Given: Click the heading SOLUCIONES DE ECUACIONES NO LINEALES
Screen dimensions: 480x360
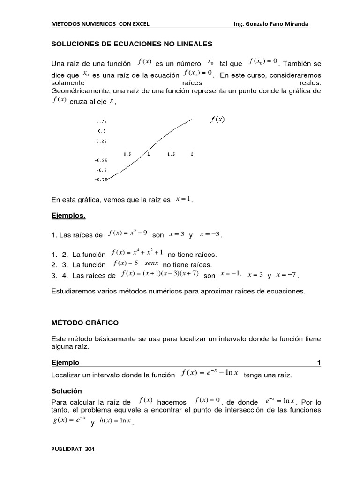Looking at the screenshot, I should point(131,44).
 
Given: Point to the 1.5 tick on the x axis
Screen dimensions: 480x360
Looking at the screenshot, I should point(171,154).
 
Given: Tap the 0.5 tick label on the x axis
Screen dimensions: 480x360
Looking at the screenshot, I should point(127,154).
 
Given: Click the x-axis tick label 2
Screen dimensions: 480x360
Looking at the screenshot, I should point(192,154).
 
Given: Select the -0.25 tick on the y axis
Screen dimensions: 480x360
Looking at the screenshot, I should point(100,160).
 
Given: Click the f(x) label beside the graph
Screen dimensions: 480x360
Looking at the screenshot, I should point(217,119).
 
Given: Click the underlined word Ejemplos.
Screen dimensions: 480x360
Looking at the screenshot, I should point(69,216).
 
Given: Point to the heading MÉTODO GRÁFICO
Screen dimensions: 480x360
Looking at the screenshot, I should point(85,323).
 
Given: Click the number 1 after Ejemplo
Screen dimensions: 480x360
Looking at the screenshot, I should point(319,363).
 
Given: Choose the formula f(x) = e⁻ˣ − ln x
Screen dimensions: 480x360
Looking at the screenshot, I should point(210,373).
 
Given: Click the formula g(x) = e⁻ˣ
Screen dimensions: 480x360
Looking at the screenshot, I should point(69,420).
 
